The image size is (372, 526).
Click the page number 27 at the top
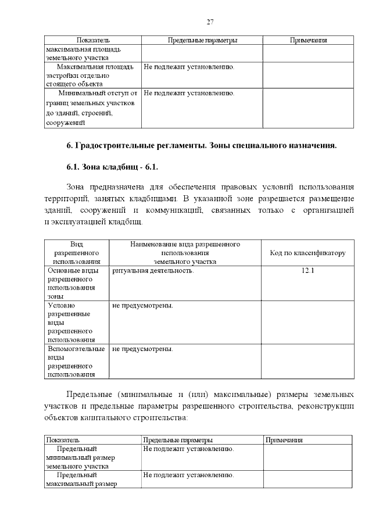[x=210, y=22]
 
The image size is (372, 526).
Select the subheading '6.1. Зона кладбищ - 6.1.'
[x=112, y=167]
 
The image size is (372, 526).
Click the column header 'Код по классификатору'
[x=307, y=253]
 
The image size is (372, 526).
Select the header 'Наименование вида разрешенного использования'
[x=185, y=253]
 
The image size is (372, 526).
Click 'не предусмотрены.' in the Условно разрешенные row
[x=142, y=305]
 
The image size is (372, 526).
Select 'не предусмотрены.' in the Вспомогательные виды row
[x=142, y=349]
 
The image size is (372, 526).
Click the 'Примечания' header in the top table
[x=308, y=40]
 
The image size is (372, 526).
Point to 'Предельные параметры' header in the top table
[x=202, y=40]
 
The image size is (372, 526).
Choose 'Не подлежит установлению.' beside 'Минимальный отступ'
[x=189, y=93]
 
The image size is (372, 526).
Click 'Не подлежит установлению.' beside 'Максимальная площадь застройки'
[x=189, y=67]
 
